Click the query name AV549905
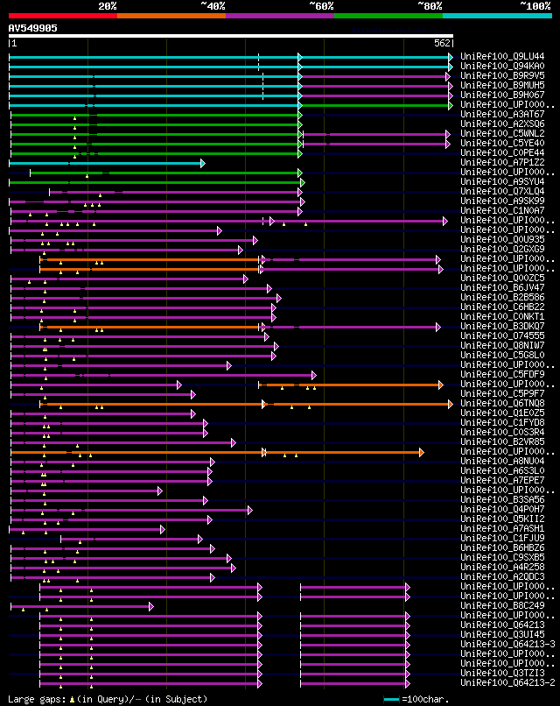coord(33,28)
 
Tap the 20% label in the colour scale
coord(108,6)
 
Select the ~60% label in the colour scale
coord(321,6)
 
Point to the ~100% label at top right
coord(535,6)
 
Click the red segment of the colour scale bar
coord(61,15)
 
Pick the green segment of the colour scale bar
coord(388,15)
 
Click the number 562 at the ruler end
coord(442,43)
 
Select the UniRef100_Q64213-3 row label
coord(507,645)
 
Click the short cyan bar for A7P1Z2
coord(105,163)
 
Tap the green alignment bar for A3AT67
coord(175,115)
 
